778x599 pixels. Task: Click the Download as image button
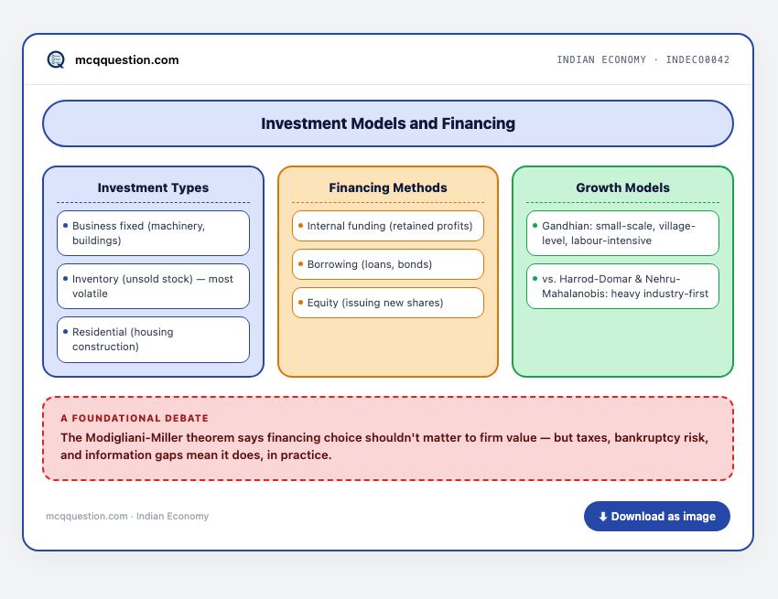[x=656, y=516]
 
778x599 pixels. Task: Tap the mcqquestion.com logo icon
[x=56, y=59]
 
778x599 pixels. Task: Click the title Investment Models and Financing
[x=388, y=123]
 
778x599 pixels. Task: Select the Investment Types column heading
[x=153, y=188]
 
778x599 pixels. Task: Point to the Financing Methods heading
[x=388, y=188]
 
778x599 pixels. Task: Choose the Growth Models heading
[x=622, y=188]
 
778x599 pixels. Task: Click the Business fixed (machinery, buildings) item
[x=154, y=233]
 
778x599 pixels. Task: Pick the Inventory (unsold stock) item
[x=154, y=286]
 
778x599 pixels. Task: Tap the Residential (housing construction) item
[x=154, y=339]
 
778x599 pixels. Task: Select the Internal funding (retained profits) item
[x=388, y=226]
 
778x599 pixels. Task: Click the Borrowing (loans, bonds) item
[x=388, y=264]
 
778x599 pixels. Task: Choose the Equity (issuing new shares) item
[x=388, y=303]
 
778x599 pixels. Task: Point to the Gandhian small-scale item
[x=622, y=233]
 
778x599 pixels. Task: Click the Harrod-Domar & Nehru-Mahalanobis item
[x=622, y=286]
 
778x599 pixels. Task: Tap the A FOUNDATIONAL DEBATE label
[x=135, y=419]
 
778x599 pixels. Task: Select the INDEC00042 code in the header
[x=697, y=60]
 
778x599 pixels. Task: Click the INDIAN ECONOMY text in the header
[x=601, y=60]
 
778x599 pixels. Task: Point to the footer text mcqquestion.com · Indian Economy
[x=127, y=516]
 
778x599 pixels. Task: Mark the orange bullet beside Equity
[x=301, y=302]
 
